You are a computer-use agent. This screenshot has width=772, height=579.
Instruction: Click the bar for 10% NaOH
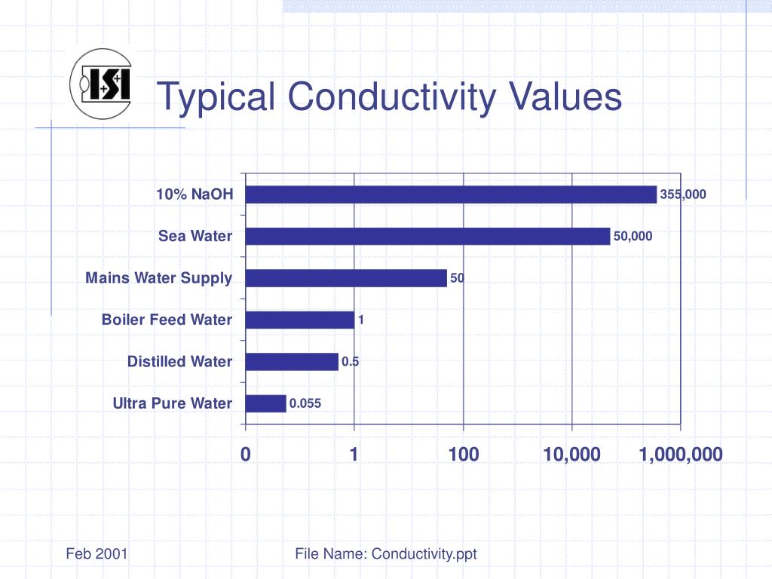pos(451,195)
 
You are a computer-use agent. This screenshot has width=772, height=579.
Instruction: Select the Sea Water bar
pos(427,236)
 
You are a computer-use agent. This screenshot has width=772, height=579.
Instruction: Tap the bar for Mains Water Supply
pos(346,278)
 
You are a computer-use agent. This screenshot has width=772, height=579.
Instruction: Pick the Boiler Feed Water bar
pos(300,320)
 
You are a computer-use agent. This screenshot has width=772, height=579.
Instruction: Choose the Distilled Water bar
pos(292,362)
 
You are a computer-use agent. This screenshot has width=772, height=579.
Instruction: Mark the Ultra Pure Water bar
pos(266,403)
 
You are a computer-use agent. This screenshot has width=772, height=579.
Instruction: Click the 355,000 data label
pos(683,195)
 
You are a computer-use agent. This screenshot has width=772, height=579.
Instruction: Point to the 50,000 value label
pos(633,236)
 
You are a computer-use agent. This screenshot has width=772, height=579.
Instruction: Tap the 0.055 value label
pos(305,403)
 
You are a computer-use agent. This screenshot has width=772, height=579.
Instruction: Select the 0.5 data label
pos(350,362)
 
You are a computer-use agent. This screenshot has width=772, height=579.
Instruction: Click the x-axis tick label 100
pos(463,454)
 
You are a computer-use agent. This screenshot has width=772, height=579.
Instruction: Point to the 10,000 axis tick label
pos(572,454)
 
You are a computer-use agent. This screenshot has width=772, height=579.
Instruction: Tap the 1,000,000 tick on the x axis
pos(681,454)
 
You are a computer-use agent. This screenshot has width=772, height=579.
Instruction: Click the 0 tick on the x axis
pos(245,454)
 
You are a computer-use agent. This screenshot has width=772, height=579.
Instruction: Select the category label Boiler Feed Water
pos(167,320)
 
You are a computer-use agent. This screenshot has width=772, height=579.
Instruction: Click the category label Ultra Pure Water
pos(173,403)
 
